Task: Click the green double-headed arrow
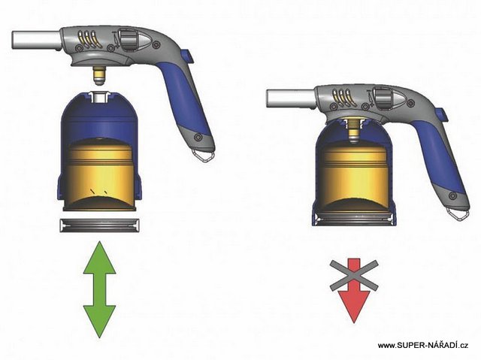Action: tap(99, 289)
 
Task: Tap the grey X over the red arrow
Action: tap(354, 275)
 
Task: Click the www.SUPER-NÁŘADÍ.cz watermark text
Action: tap(422, 345)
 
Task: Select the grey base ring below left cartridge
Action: tap(100, 225)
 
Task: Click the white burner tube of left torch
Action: tap(36, 40)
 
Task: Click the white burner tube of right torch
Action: tap(291, 98)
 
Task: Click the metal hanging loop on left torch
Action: tap(203, 155)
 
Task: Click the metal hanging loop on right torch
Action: tap(457, 213)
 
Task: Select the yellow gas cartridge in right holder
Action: tap(353, 175)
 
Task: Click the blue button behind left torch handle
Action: tap(186, 56)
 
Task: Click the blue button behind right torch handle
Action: tap(440, 115)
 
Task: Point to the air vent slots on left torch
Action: tap(89, 39)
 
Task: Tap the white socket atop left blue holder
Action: tap(99, 96)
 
